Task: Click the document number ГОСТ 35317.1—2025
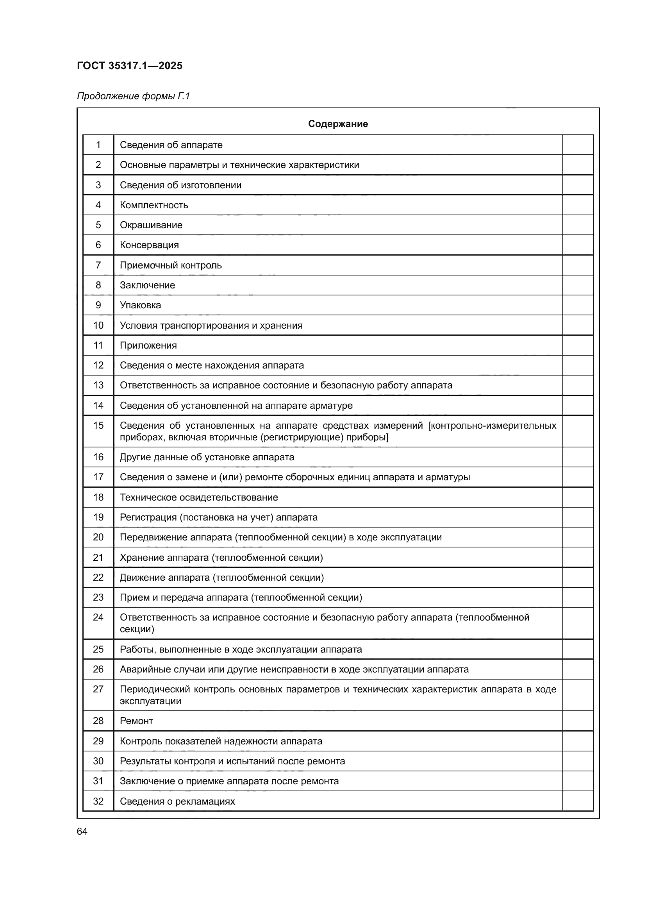click(x=129, y=66)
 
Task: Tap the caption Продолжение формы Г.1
click(x=133, y=96)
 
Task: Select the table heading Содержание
click(x=338, y=124)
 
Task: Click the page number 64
click(x=82, y=831)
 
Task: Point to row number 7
click(x=98, y=265)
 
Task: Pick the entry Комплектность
click(x=153, y=205)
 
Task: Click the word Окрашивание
click(x=151, y=225)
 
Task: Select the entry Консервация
click(x=149, y=245)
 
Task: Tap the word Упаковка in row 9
click(x=140, y=305)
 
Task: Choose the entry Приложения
click(x=148, y=345)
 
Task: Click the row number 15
click(x=98, y=426)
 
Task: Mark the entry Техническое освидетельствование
click(x=198, y=497)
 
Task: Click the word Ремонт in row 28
click(x=136, y=721)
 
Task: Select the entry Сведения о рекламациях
click(x=177, y=801)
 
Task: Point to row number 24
click(x=98, y=617)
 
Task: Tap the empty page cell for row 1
click(x=578, y=145)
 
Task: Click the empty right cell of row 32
click(x=578, y=801)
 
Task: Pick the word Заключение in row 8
click(x=147, y=285)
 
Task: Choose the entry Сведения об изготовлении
click(x=180, y=185)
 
